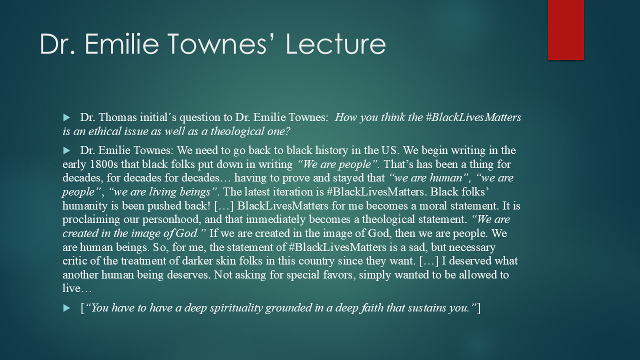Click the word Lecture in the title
(x=335, y=44)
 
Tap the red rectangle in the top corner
(x=565, y=29)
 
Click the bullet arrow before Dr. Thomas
(x=66, y=118)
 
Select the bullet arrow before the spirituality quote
(x=66, y=308)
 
